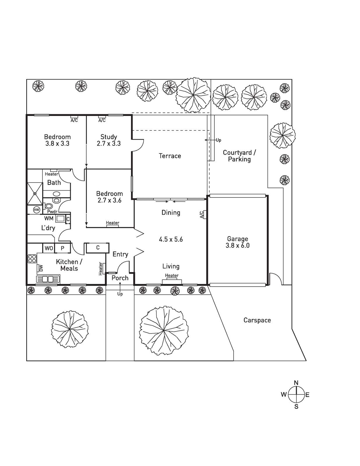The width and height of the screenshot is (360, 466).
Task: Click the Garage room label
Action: pyautogui.click(x=237, y=239)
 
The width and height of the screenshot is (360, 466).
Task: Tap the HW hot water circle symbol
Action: pyautogui.click(x=36, y=210)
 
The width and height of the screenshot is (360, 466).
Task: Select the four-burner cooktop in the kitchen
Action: pyautogui.click(x=32, y=259)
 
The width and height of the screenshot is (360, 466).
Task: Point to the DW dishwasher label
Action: pyautogui.click(x=41, y=268)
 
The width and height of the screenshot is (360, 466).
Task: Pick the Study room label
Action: pyautogui.click(x=109, y=137)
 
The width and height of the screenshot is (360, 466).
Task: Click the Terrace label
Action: pyautogui.click(x=170, y=156)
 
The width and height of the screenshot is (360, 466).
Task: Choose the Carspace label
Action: pyautogui.click(x=257, y=320)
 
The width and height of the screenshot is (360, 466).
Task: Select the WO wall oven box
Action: pyautogui.click(x=49, y=248)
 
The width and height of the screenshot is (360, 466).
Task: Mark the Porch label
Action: pyautogui.click(x=120, y=278)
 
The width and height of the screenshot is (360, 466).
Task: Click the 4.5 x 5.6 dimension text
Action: pyautogui.click(x=171, y=239)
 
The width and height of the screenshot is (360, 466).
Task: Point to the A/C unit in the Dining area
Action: pyautogui.click(x=205, y=215)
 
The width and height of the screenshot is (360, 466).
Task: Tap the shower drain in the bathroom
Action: pyautogui.click(x=35, y=194)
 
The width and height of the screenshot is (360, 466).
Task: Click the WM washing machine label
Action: pyautogui.click(x=49, y=218)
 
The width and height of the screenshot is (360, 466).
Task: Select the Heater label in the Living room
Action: pyautogui.click(x=172, y=275)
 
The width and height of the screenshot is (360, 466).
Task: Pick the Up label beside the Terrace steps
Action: pyautogui.click(x=218, y=140)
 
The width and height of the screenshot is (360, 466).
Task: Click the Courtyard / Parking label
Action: pyautogui.click(x=239, y=156)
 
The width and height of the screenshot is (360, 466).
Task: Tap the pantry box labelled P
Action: pyautogui.click(x=63, y=248)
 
